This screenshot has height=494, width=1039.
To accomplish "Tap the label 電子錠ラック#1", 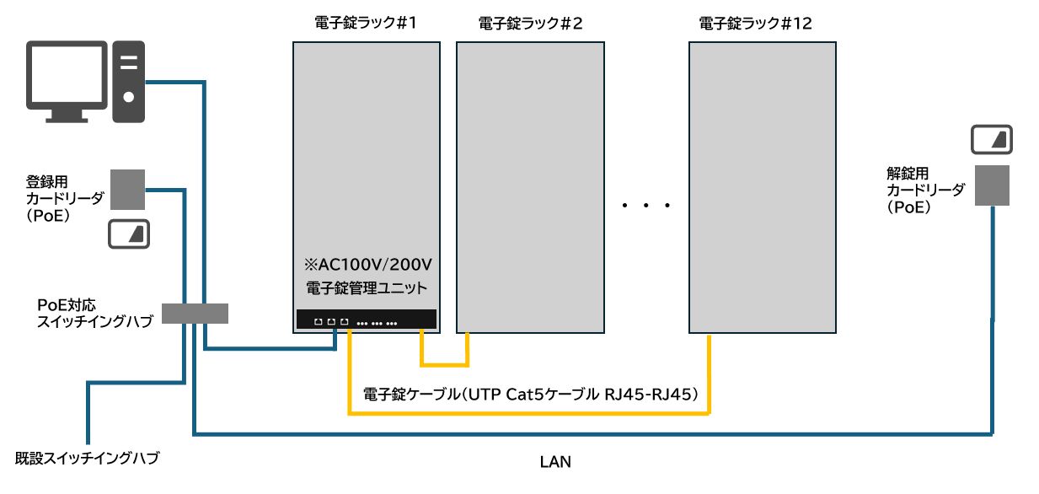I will tap(366, 24).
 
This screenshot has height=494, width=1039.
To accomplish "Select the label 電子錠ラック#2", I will tap(530, 24).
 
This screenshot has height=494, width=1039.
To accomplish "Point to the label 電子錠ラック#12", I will tap(756, 24).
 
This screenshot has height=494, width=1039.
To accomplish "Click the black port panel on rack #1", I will tap(366, 321).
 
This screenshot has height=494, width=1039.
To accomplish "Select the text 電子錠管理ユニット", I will tap(366, 288).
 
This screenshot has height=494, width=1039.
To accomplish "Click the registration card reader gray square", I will tap(128, 190).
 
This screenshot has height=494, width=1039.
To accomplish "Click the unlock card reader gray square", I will tap(992, 185).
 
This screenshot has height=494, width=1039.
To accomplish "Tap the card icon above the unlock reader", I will tap(992, 139).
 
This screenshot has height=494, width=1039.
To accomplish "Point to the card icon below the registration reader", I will tap(129, 234).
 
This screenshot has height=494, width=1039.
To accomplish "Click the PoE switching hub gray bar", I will tap(195, 313).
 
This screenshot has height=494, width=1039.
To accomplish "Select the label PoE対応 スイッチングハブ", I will tap(94, 312).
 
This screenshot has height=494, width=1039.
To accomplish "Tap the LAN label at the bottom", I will tap(554, 462).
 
